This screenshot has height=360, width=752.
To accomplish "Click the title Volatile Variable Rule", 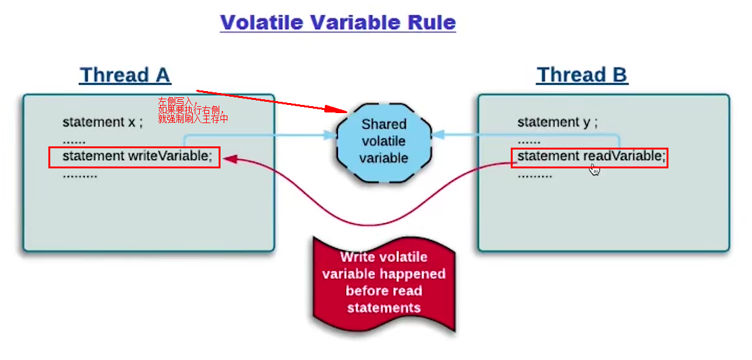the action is pyautogui.click(x=337, y=23).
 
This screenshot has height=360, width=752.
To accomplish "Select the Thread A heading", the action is pyautogui.click(x=125, y=75).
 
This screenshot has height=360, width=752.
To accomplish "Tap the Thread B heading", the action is pyautogui.click(x=582, y=75).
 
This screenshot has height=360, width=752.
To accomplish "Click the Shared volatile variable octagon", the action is pyautogui.click(x=383, y=141).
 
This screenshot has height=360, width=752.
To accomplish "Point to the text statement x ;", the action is pyautogui.click(x=102, y=123).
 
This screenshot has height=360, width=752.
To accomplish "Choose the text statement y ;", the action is pyautogui.click(x=557, y=123).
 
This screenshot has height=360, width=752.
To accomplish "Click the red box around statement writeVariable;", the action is pyautogui.click(x=134, y=157).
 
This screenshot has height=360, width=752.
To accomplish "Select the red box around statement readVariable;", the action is pyautogui.click(x=589, y=157).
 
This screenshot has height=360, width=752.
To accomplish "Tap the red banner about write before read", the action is pyautogui.click(x=384, y=283).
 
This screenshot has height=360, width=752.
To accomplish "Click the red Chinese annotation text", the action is pyautogui.click(x=192, y=110).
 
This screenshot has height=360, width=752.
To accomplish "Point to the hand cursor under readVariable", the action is pyautogui.click(x=594, y=169).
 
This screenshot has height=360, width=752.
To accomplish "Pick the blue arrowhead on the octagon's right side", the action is pyautogui.click(x=439, y=134).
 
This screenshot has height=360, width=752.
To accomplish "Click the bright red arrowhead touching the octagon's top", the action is pyautogui.click(x=339, y=110).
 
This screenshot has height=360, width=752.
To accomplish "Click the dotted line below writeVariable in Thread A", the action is pyautogui.click(x=80, y=175).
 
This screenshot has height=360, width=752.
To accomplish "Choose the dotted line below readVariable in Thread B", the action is pyautogui.click(x=535, y=175).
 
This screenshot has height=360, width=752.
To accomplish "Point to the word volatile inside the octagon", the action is pyautogui.click(x=383, y=141).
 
